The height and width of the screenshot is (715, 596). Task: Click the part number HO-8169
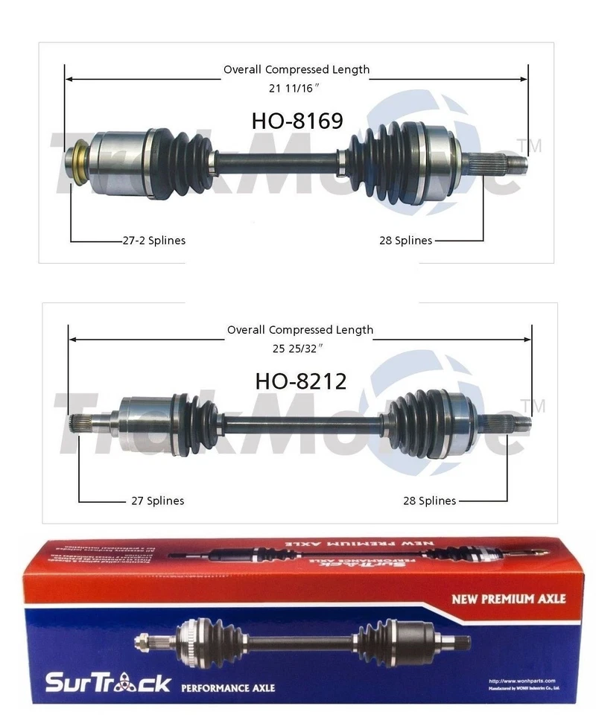(x=297, y=121)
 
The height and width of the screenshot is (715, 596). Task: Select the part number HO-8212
(x=301, y=381)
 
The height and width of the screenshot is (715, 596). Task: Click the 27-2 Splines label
(x=153, y=241)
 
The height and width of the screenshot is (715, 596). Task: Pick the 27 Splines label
(x=157, y=501)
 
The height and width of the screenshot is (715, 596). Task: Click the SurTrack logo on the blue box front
(x=108, y=683)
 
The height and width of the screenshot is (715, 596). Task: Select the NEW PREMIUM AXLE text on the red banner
(x=509, y=598)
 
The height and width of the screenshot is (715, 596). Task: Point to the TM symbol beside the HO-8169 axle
(x=533, y=144)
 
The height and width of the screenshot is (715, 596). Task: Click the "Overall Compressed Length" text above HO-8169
(x=297, y=70)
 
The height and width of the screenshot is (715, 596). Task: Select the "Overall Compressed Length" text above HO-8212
(x=300, y=330)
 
